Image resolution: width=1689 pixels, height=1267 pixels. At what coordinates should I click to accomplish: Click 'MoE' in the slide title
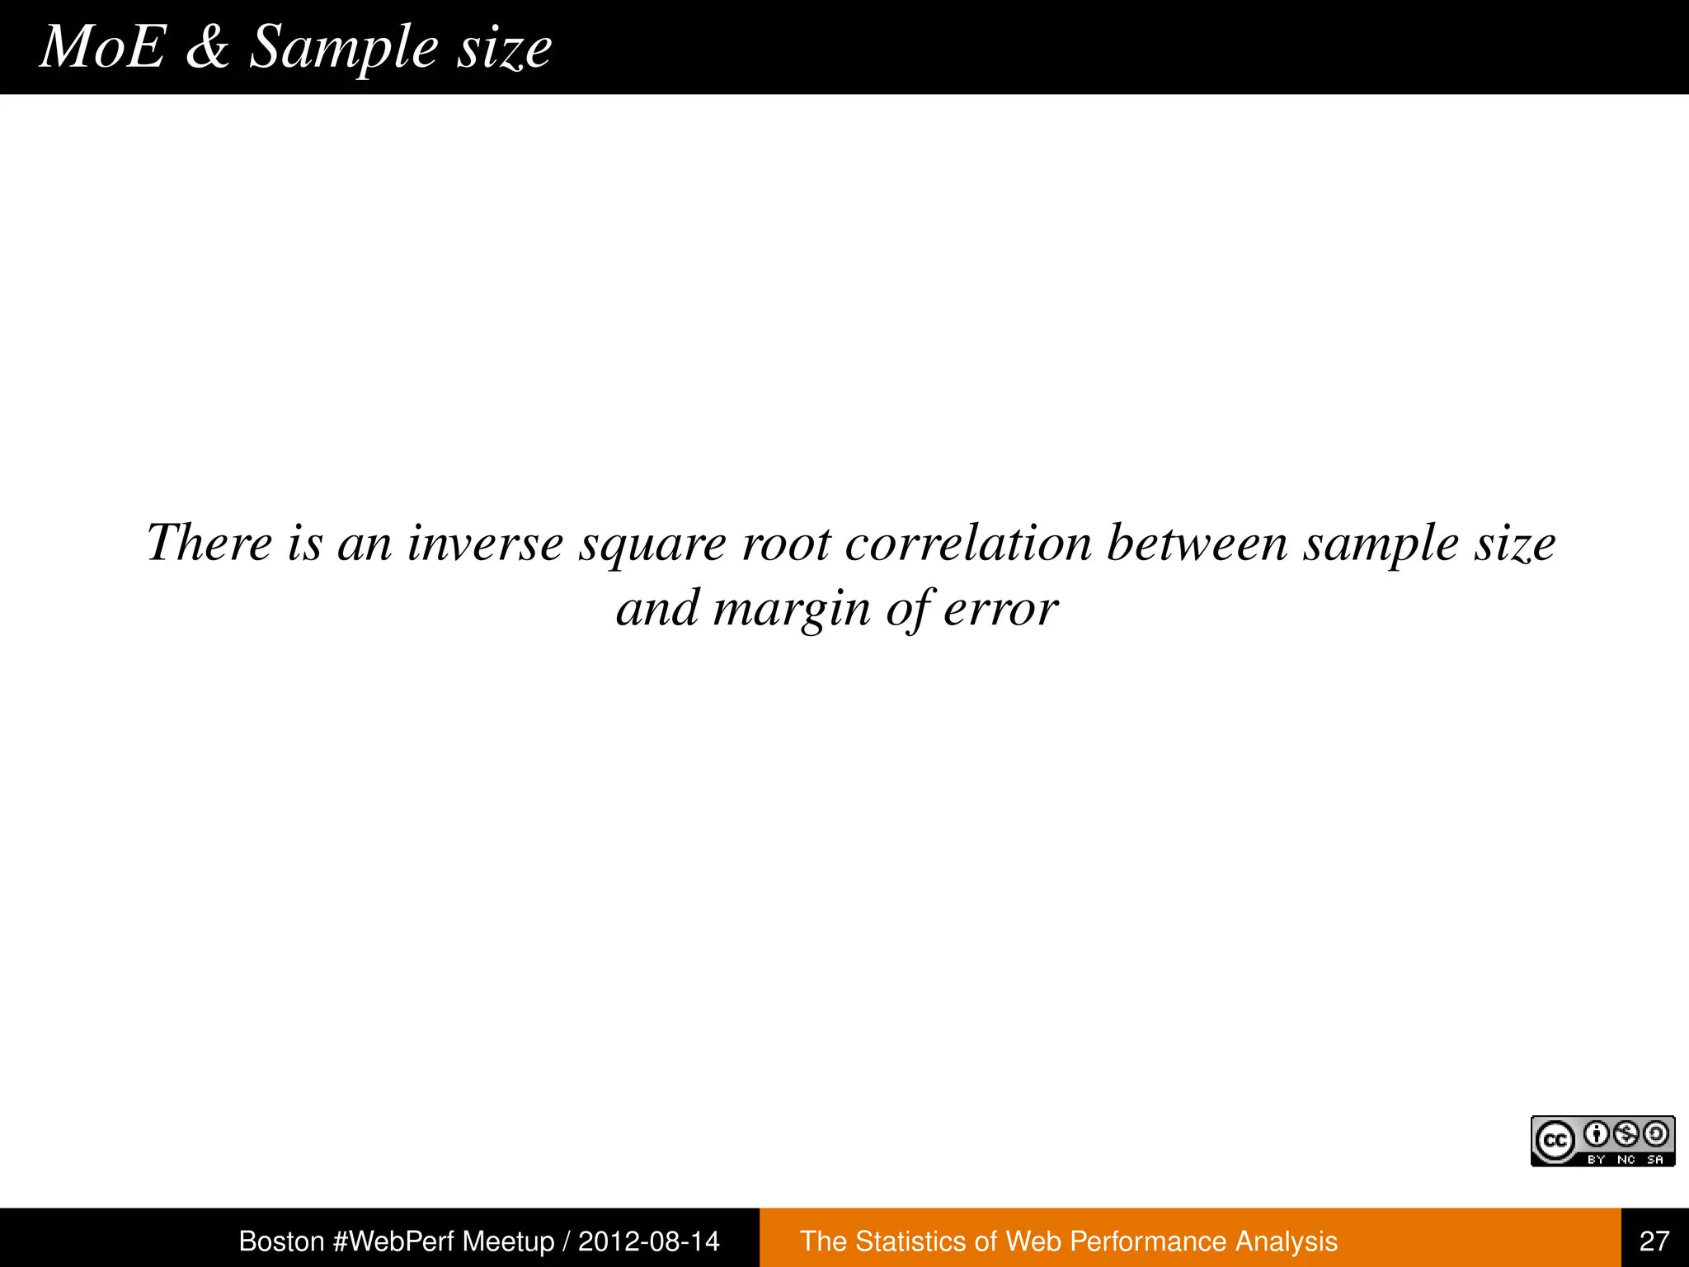point(102,47)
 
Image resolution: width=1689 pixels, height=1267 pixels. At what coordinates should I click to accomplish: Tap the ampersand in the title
point(207,47)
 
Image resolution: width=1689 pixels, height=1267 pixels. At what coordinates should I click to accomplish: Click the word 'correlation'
point(968,544)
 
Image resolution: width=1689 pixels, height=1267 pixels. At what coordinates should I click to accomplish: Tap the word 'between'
point(1197,544)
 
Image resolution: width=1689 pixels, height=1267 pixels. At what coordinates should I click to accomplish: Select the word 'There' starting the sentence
point(209,544)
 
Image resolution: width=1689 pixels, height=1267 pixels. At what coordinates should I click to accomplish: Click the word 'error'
point(1000,610)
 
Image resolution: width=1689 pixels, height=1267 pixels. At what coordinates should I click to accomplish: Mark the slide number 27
point(1654,1241)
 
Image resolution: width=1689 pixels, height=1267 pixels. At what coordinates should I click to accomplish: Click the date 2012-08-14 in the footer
point(649,1241)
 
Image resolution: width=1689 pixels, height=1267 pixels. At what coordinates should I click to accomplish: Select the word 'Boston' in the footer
point(281,1241)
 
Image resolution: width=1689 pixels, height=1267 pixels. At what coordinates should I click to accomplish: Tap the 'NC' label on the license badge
point(1626,1160)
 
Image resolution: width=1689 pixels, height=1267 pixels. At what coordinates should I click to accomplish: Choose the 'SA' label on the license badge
point(1655,1160)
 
